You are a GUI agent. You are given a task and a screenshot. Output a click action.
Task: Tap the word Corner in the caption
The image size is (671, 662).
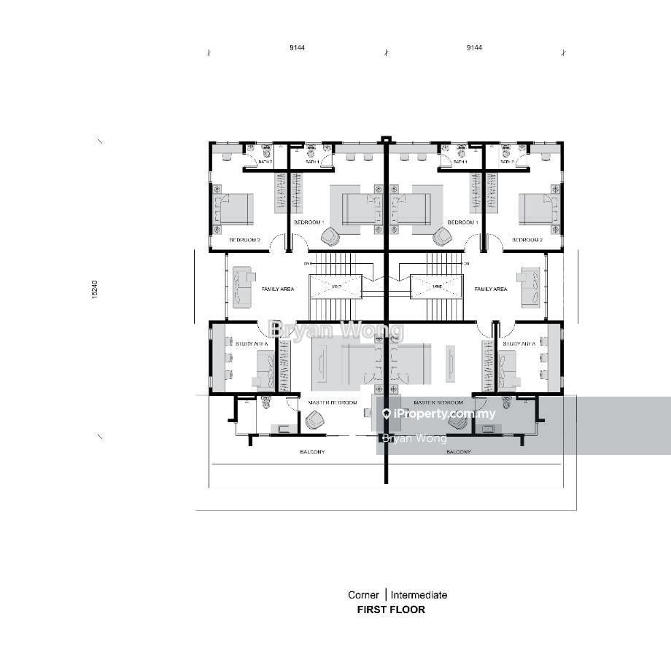coord(363,595)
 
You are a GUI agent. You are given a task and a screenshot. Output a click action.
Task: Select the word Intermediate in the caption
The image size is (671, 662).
coord(419,595)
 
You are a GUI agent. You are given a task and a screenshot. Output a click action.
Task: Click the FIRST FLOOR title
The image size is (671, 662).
coord(390,610)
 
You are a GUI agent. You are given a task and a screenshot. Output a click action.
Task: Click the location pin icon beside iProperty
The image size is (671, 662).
coord(387,414)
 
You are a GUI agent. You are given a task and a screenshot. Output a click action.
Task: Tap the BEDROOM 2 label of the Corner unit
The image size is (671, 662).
coord(244,240)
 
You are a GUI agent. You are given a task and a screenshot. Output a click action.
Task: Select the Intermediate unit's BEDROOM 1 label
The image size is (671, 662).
coord(462,222)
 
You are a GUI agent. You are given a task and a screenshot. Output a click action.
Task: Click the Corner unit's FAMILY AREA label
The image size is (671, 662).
coord(278,289)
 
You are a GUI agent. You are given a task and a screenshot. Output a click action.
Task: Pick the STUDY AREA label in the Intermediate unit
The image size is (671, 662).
coord(519,343)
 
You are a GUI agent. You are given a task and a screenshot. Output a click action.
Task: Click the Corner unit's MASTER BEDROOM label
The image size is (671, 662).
coord(333,402)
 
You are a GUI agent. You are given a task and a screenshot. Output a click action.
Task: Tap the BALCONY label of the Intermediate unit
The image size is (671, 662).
coord(458,452)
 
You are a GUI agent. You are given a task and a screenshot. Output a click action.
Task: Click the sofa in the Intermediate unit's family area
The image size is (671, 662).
coord(530,287)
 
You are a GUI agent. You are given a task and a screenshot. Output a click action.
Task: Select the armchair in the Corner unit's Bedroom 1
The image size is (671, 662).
coord(330,236)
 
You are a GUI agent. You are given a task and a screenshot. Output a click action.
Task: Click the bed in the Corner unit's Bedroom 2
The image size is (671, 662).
coord(234,209)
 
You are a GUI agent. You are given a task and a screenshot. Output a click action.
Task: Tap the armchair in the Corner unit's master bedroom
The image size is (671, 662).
coord(315,420)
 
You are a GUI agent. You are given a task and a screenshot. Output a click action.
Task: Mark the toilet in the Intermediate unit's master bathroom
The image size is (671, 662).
coord(507,402)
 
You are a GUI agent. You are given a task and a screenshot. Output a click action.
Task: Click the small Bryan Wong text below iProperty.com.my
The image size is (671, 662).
coord(414,438)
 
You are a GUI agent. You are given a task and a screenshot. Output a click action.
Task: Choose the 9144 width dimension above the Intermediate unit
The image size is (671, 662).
coord(474,48)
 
